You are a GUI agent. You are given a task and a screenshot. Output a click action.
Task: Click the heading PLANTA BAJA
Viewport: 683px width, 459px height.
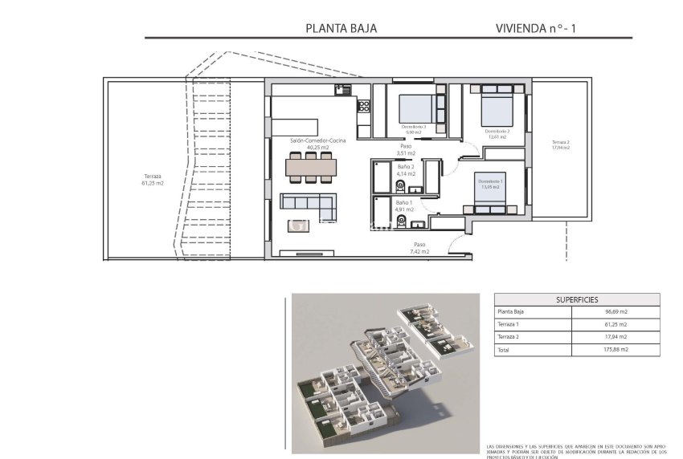[341, 28]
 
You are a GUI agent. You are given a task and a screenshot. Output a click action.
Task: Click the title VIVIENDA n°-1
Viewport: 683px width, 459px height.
[536, 28]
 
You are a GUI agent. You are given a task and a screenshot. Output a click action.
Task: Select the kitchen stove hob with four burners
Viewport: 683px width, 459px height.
[363, 104]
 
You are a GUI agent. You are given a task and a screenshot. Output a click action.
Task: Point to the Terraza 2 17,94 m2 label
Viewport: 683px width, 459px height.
[560, 144]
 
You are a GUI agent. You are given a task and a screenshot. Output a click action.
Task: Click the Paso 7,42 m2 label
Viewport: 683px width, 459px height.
[420, 248]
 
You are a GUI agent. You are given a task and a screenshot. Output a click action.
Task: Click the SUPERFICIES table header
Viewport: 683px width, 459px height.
[577, 299]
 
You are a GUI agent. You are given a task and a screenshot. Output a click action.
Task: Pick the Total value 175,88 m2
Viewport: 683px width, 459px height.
[617, 350]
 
